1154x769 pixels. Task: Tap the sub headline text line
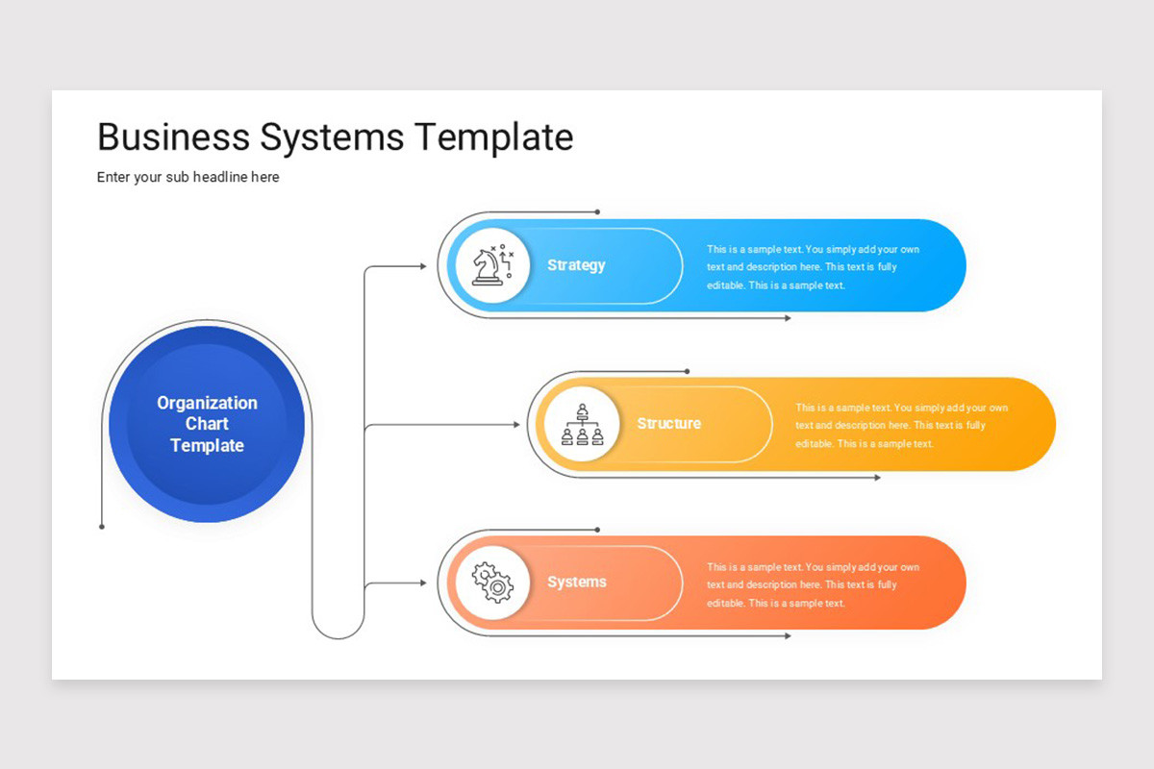[188, 177]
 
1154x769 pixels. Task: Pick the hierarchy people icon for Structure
[582, 424]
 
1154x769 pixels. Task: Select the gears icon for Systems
[492, 583]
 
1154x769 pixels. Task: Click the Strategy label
[576, 265]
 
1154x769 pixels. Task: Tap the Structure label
[668, 424]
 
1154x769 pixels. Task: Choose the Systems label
[577, 583]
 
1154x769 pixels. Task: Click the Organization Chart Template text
[207, 424]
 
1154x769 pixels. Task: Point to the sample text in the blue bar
[813, 267]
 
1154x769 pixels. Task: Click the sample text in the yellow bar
[901, 426]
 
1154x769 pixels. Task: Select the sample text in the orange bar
[813, 584]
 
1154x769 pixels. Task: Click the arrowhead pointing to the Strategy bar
[422, 266]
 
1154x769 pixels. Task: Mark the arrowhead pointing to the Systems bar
[422, 583]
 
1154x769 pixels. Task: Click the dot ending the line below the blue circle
[102, 527]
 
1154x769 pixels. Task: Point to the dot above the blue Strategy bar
[597, 211]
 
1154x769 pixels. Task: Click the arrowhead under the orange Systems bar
[788, 636]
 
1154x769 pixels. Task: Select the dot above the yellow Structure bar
[687, 371]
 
